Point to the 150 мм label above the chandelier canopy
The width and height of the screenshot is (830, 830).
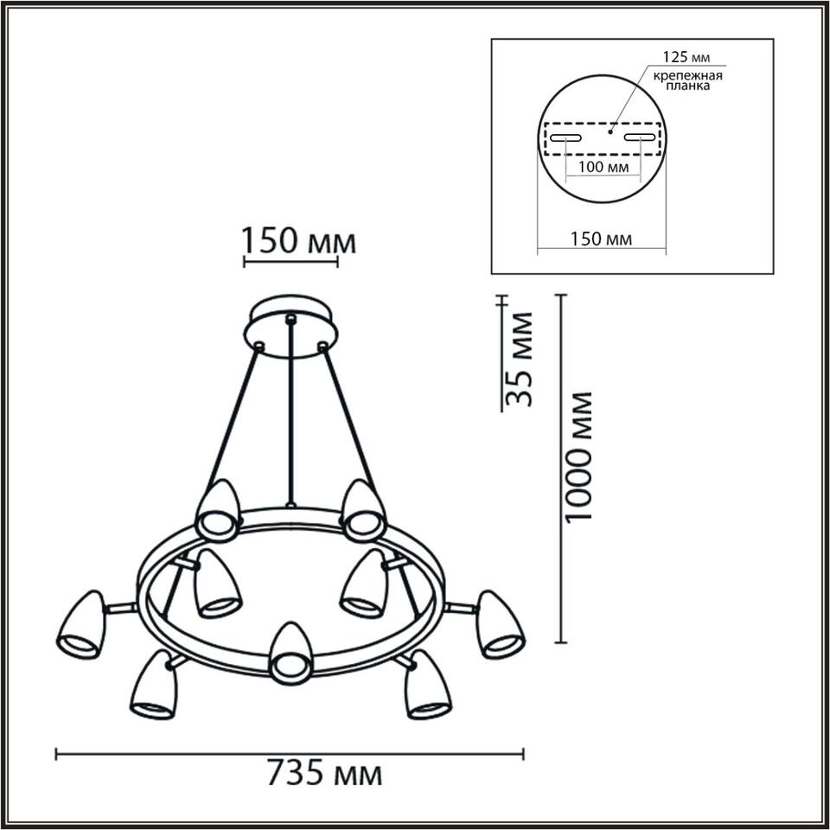299,241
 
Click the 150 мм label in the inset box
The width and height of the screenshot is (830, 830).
601,239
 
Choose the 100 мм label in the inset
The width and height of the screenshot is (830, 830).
603,167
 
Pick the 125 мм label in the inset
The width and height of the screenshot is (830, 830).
686,57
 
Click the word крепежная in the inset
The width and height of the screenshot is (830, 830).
687,76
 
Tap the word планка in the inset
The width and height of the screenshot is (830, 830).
687,86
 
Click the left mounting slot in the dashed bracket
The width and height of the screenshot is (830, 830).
565,138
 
